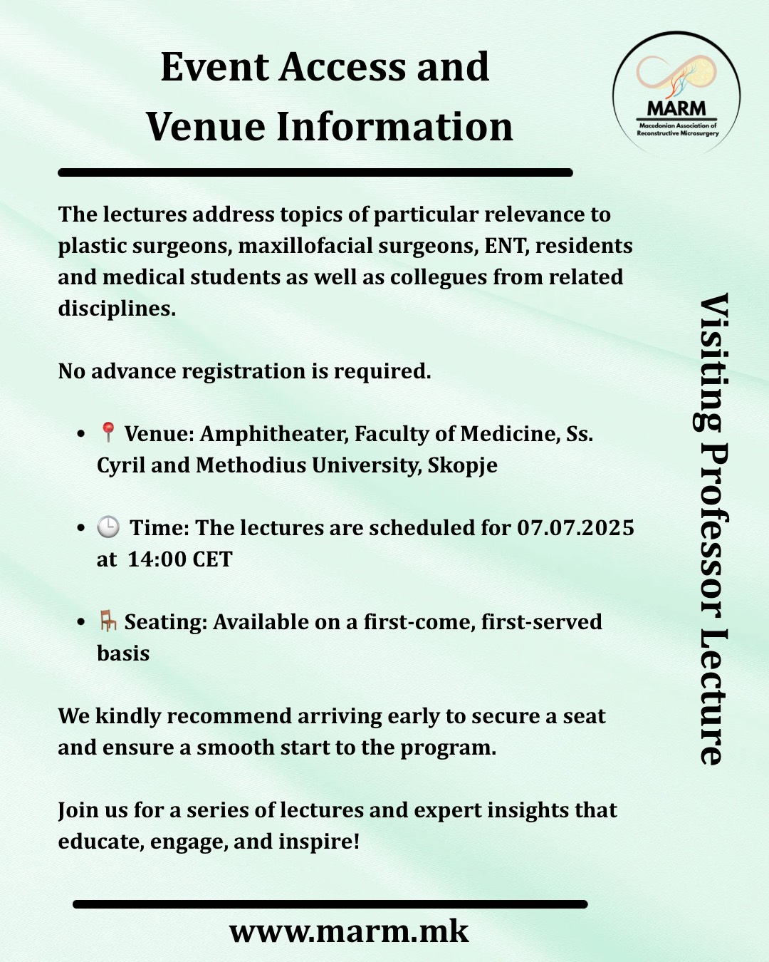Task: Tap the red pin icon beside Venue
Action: [108, 432]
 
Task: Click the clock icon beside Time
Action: [108, 527]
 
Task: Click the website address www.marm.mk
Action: [349, 931]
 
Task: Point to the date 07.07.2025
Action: [575, 528]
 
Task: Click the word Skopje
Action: [462, 465]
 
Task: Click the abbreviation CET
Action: [212, 559]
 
